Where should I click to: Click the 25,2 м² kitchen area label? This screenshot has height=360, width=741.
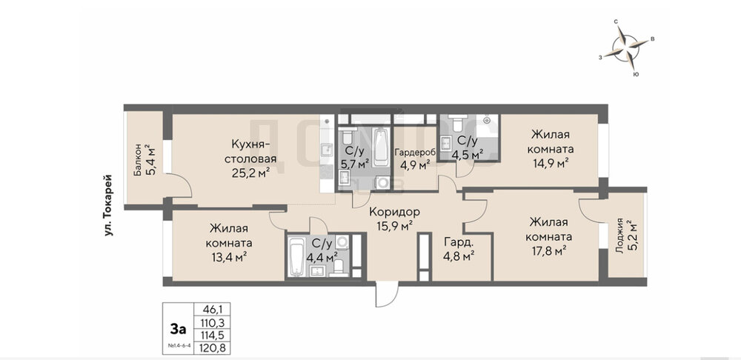click(250, 173)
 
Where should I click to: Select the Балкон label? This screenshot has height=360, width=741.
click(137, 160)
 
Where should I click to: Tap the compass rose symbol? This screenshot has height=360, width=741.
click(625, 47)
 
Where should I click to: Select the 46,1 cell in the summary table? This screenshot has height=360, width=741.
click(212, 310)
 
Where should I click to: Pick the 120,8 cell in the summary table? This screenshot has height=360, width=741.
click(212, 349)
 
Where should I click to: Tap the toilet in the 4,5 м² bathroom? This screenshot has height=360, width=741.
click(457, 124)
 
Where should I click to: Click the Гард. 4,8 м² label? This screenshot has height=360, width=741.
click(459, 249)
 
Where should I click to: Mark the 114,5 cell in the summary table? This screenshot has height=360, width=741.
click(212, 336)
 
